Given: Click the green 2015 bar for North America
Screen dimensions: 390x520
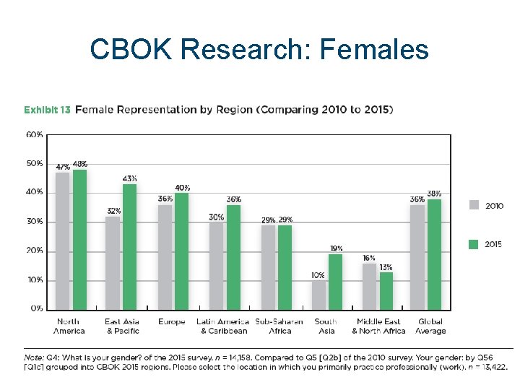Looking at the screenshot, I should (79, 239).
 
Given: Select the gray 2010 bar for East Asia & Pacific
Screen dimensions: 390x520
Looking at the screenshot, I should (112, 262).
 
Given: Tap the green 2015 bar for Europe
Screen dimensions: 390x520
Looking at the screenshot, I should (181, 251).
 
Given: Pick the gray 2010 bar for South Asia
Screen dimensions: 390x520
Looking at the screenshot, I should (318, 294).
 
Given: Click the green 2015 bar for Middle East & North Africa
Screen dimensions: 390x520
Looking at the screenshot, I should (386, 290).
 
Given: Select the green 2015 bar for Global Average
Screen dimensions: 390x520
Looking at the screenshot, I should (434, 253).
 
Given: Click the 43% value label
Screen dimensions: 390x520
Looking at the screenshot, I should (130, 178).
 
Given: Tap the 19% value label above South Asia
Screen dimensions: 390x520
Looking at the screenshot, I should (336, 248).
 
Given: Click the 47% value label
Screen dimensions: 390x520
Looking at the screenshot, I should (63, 166).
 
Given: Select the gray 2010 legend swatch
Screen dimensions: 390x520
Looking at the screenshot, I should (473, 205).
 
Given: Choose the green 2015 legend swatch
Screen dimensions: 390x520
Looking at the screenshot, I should (473, 244).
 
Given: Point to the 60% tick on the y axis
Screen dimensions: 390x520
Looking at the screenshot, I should (35, 134).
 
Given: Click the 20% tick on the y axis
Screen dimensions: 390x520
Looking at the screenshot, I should (35, 251).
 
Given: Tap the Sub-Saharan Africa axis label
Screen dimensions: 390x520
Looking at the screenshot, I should (279, 326).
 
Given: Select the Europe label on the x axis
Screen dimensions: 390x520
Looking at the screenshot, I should (171, 321).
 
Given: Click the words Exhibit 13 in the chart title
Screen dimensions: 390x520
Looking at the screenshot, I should (47, 110).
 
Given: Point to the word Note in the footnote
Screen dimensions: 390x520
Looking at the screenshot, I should (35, 357).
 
